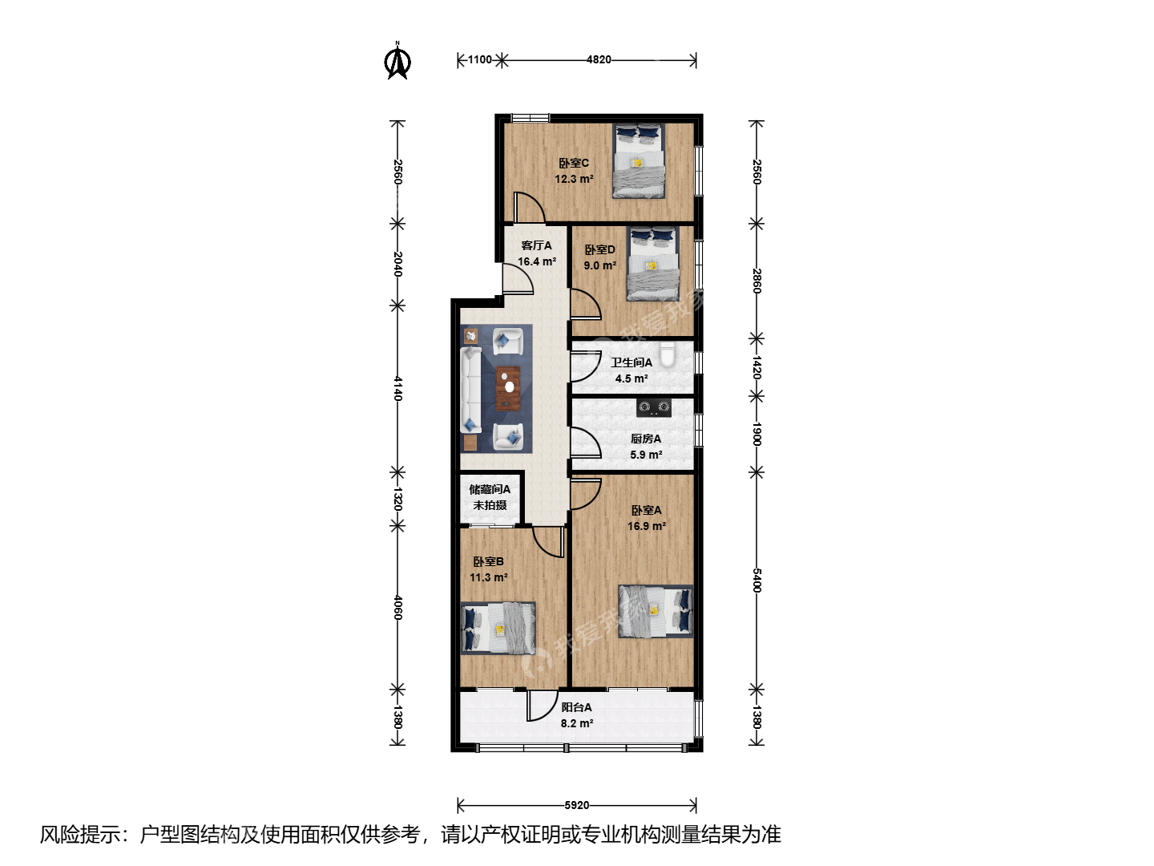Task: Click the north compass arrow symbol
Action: point(397,62)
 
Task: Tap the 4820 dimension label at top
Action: point(599,60)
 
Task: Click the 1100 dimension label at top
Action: point(479,60)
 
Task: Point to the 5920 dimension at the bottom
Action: point(577,805)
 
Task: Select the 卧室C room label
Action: point(574,163)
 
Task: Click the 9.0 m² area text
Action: point(600,265)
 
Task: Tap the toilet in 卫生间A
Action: point(668,354)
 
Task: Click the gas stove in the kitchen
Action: point(654,407)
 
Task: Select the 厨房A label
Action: point(646,439)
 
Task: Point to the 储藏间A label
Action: point(490,489)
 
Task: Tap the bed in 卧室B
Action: point(498,629)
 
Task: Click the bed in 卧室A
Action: point(656,612)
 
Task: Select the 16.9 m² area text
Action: point(647,526)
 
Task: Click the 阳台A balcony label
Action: point(577,707)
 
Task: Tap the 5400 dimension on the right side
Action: point(757,580)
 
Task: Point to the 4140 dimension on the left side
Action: point(397,388)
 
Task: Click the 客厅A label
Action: point(536,245)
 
